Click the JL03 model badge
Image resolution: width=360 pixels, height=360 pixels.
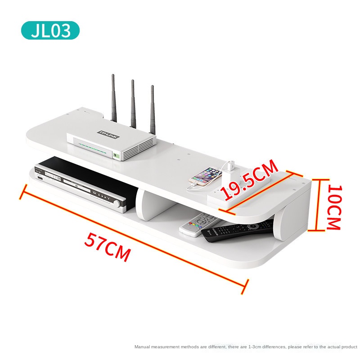point(50,30)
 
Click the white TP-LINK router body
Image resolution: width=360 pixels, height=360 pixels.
point(110,143)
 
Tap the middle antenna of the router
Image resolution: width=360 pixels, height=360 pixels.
point(133,103)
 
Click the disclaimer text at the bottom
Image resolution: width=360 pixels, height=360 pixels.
point(246,346)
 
